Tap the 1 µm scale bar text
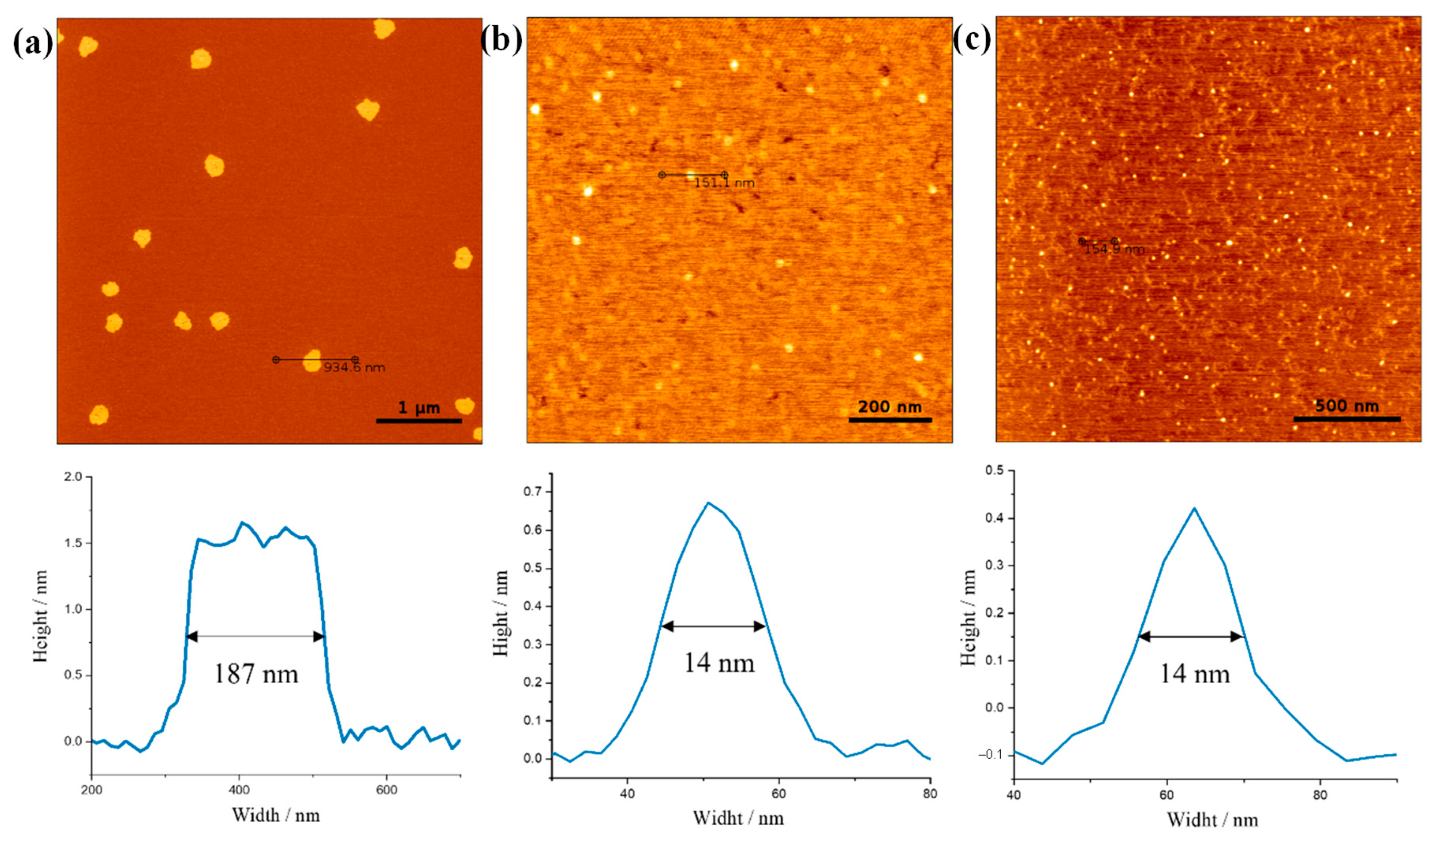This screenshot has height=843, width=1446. point(419,408)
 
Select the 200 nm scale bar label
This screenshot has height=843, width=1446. point(889,407)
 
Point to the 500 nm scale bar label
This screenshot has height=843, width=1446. point(1347,406)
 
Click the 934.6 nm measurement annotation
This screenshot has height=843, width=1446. point(354,367)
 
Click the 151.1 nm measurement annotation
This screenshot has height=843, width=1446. point(724,183)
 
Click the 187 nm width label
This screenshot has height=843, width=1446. point(256,674)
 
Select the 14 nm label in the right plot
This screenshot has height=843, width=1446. point(1195,674)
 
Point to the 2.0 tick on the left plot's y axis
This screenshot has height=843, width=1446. point(76,477)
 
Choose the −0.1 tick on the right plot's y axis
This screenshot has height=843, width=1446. point(994,755)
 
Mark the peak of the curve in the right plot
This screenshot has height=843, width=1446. point(1194,508)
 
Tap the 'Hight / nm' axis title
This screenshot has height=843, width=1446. point(501,613)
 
